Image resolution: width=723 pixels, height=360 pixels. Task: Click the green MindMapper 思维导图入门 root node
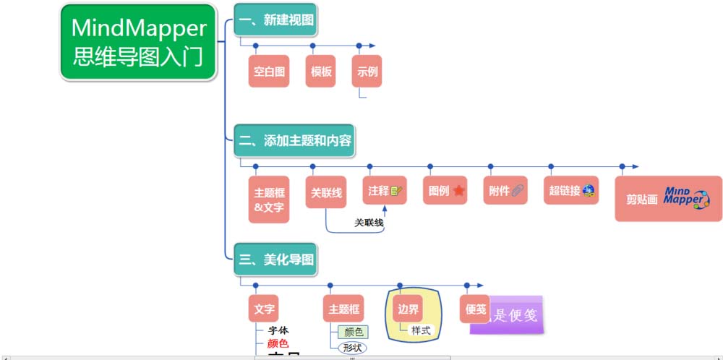click(x=139, y=42)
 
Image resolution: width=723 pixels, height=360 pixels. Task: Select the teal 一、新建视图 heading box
click(x=275, y=20)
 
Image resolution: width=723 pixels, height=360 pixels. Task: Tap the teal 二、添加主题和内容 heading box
click(x=295, y=140)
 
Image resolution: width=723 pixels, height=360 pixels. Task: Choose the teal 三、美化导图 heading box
click(x=275, y=258)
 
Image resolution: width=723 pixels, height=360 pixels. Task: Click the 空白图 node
click(x=269, y=72)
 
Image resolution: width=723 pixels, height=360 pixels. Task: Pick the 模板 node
click(x=321, y=72)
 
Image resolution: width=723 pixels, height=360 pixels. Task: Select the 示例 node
click(x=367, y=72)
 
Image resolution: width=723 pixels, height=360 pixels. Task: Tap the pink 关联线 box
click(x=326, y=193)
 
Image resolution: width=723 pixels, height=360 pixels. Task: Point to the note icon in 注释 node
click(x=396, y=192)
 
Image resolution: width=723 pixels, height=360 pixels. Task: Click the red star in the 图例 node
click(x=458, y=192)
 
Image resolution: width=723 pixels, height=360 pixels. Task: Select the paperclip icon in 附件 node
click(x=518, y=192)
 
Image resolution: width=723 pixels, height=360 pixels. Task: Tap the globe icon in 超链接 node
click(x=589, y=191)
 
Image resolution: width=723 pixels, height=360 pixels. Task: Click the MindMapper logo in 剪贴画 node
click(x=686, y=197)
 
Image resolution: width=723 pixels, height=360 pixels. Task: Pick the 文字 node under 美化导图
click(x=264, y=309)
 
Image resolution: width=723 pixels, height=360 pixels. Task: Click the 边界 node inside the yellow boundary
click(x=408, y=309)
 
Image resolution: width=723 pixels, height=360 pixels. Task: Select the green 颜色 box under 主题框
click(x=354, y=333)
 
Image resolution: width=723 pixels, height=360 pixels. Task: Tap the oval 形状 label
click(x=353, y=347)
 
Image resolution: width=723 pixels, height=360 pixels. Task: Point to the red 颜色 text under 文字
click(x=278, y=343)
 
